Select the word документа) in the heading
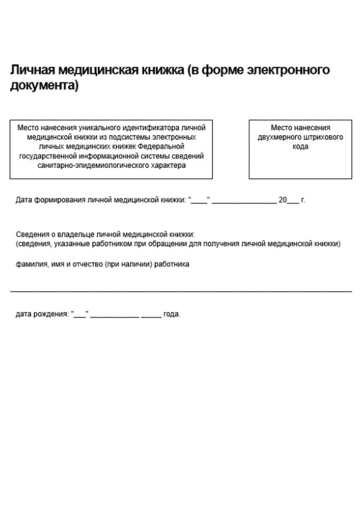pos(44,86)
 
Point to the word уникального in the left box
pos(97,128)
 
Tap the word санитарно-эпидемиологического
pos(93,164)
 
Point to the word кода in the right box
pos(301,146)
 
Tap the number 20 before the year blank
pos(283,200)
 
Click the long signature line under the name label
pos(181,292)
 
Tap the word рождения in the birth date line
pos(51,314)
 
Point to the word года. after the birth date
pos(172,314)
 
